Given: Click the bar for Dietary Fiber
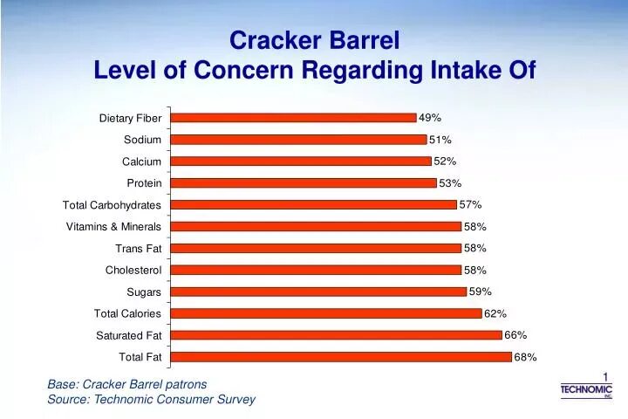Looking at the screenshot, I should (294, 118).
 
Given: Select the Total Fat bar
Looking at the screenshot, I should (342, 357).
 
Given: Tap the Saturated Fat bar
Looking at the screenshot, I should (337, 335).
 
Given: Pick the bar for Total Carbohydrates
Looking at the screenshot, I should (314, 205).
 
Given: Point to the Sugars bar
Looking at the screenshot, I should (319, 292).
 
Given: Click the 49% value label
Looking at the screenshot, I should (430, 118).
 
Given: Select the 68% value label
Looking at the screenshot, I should (525, 357).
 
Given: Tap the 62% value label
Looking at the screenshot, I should (495, 313).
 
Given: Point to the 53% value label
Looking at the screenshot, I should (450, 183).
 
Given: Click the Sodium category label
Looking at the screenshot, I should (142, 140).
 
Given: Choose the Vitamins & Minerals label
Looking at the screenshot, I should (113, 227).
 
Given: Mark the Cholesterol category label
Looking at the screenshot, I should (133, 271).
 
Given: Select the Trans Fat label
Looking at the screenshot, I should (138, 249).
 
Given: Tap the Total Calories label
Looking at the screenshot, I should (127, 313).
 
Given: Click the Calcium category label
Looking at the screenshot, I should (141, 161).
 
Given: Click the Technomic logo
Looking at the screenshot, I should (586, 390).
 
